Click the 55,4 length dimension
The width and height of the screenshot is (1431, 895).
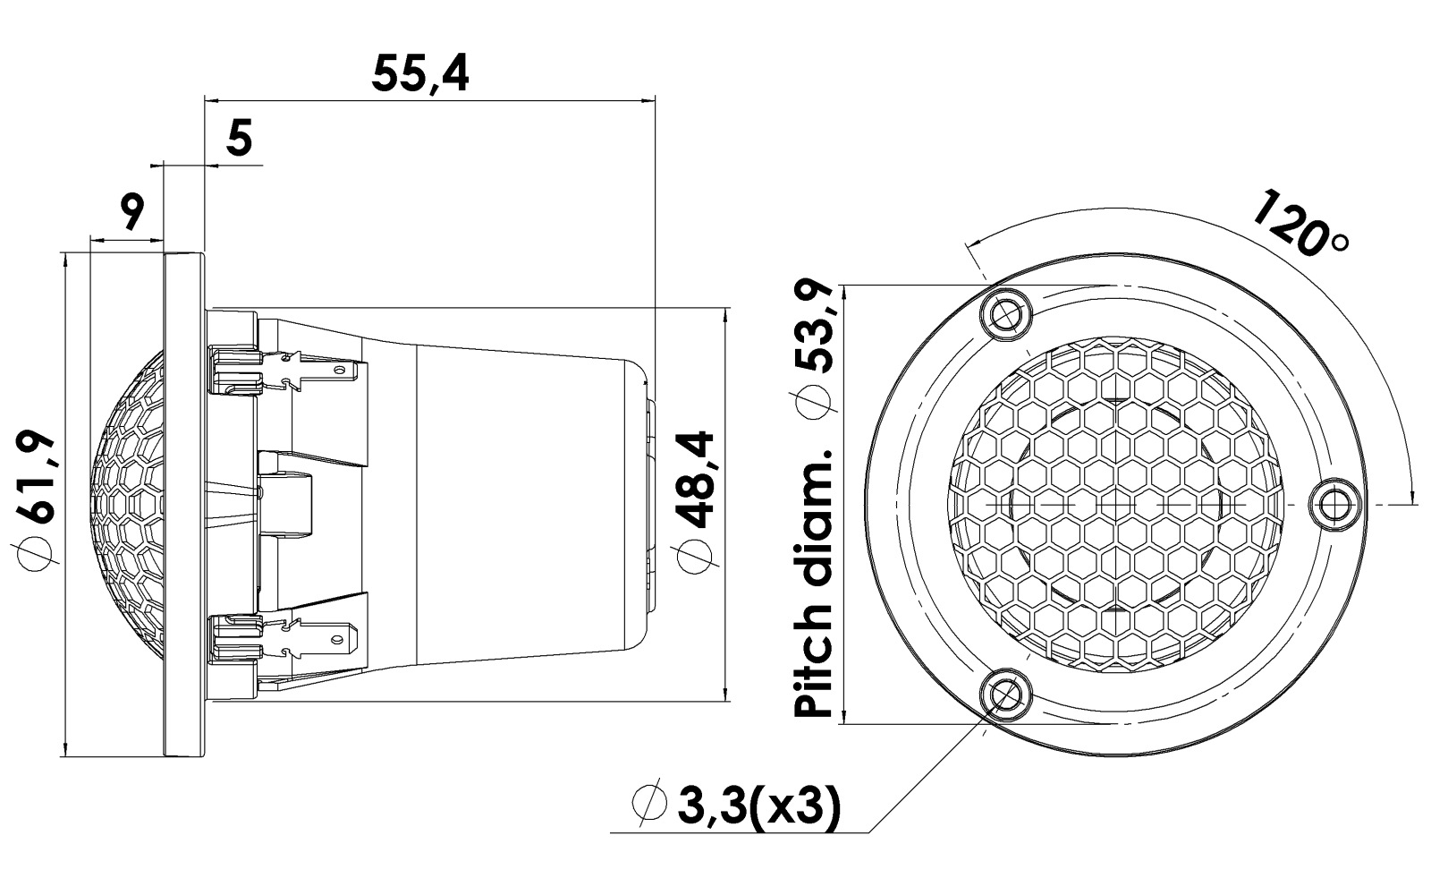420,74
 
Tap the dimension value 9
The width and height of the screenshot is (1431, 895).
131,213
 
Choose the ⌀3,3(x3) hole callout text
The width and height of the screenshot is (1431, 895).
736,807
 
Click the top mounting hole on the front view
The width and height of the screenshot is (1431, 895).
1008,314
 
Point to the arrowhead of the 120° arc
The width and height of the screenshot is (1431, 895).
1412,497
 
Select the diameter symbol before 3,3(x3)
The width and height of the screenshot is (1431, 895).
649,807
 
